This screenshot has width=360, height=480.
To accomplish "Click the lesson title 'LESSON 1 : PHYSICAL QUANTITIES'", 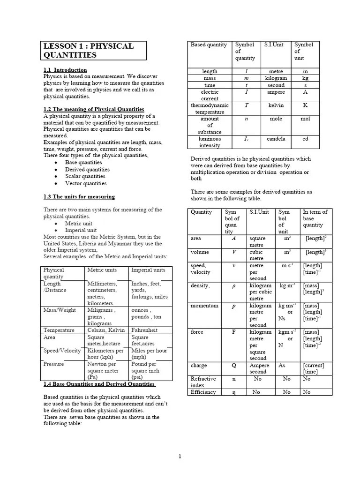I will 89,51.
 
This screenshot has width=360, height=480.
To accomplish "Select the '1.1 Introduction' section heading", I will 65,70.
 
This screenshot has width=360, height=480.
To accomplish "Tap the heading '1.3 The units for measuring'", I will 79,196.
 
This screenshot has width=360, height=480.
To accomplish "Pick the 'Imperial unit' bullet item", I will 81,230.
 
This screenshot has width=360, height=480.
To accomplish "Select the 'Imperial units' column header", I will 148,270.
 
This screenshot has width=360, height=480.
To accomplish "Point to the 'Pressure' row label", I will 53,364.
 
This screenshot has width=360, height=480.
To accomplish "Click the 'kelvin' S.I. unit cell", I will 276,105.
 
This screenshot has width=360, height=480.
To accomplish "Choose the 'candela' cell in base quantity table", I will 276,139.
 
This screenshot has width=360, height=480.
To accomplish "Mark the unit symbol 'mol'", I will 305,119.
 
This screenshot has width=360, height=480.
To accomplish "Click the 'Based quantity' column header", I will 209,45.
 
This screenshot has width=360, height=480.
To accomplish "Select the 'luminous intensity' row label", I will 210,142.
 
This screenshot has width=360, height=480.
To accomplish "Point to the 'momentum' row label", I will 204,306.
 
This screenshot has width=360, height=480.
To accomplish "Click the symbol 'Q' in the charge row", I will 233,366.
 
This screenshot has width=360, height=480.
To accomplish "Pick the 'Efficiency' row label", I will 203,392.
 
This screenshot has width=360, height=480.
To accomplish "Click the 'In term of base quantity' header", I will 315,218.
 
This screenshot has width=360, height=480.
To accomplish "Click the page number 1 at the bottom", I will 180,457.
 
